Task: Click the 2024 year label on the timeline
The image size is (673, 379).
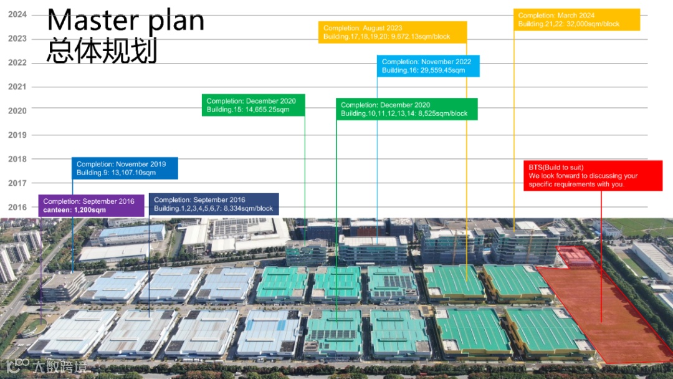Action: point(17,14)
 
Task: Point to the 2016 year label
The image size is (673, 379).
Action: point(17,207)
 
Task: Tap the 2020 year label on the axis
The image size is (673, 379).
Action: point(17,111)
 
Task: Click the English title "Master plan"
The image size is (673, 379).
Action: point(126,20)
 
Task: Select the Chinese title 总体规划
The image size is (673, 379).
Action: point(101,51)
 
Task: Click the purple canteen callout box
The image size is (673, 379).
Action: point(92,206)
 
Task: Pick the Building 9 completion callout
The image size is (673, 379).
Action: point(125,168)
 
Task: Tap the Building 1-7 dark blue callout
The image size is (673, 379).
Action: point(214,204)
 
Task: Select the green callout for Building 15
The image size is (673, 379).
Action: point(253,105)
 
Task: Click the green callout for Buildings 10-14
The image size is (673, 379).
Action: point(406,109)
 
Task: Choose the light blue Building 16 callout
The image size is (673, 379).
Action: point(428,66)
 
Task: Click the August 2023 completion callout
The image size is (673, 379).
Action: point(393,32)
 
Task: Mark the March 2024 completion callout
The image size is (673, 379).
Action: point(576,19)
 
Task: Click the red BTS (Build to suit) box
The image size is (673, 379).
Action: point(593,176)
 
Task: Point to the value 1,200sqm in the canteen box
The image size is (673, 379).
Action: point(89,211)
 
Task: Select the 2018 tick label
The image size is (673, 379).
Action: point(17,159)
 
